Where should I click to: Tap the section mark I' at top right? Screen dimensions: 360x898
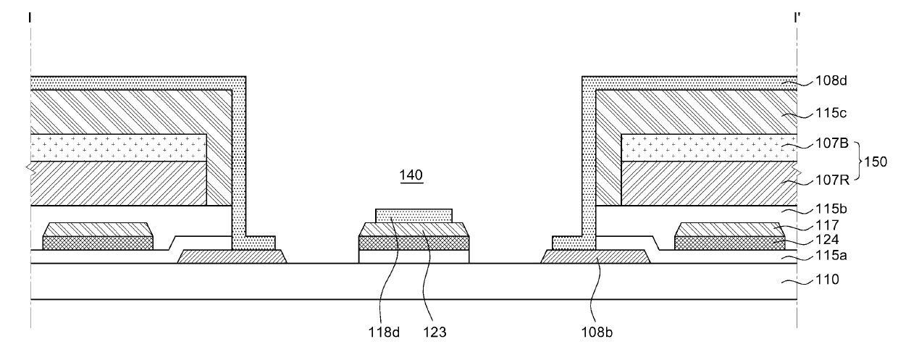tap(797, 15)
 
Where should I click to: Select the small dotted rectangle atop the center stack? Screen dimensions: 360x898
tap(414, 215)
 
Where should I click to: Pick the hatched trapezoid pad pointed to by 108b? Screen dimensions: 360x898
tap(595, 256)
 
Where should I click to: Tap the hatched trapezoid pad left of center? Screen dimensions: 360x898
tap(232, 256)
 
